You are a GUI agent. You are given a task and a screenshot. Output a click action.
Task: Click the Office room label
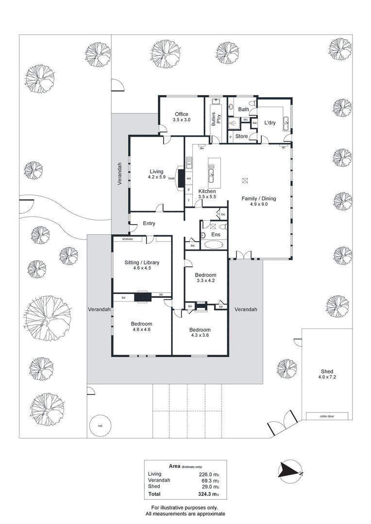pos(182,114)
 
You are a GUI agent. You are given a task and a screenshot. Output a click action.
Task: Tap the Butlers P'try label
pos(216,119)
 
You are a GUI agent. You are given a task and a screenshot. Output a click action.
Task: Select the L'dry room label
pos(270,123)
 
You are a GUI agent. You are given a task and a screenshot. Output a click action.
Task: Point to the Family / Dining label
pos(259,198)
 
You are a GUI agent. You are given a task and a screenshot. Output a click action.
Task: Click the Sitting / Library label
pos(142,262)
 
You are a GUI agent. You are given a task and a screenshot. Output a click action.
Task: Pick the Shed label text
pos(327,371)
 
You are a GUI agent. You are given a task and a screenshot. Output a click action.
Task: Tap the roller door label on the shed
pos(327,416)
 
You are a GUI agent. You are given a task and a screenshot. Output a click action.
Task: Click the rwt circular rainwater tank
pos(100,426)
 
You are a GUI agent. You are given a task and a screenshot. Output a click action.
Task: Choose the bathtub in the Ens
pos(214,245)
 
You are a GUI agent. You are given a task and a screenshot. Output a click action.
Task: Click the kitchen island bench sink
pos(211,172)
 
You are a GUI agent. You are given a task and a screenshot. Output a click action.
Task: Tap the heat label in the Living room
pos(171,179)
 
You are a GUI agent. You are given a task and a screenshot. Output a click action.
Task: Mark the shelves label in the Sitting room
pos(128,239)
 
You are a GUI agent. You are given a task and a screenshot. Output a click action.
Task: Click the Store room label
pos(241,136)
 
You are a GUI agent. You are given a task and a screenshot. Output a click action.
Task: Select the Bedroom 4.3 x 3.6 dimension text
pos(201,335)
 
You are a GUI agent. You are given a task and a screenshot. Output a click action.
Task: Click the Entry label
pos(149,223)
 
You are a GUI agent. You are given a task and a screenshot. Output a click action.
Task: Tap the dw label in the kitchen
pos(202,148)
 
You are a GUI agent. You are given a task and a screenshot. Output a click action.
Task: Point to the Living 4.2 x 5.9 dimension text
pos(156,177)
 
